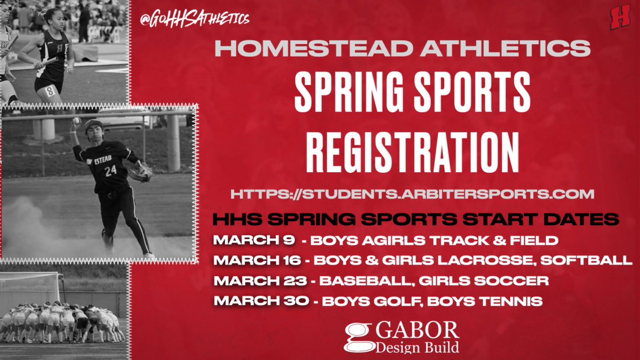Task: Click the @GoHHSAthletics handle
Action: [195, 19]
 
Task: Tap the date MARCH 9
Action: [254, 241]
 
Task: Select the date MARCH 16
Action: [259, 261]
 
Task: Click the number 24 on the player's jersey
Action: [110, 171]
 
